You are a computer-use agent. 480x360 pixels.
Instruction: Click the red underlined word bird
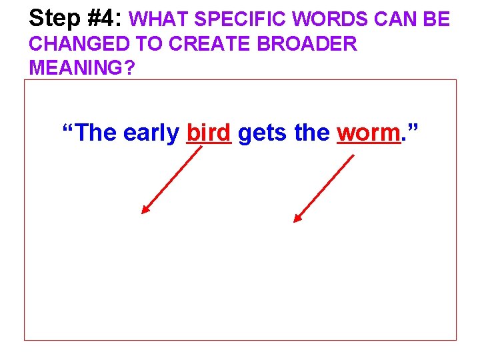coord(209,133)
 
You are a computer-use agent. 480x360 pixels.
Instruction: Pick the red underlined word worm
coord(368,133)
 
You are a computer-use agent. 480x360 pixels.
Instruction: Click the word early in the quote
coord(151,134)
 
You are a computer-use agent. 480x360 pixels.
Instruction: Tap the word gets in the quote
coord(261,134)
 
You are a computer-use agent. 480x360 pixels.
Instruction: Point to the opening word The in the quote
coord(95,133)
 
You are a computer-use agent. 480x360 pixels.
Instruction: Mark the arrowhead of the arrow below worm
coord(297,219)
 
